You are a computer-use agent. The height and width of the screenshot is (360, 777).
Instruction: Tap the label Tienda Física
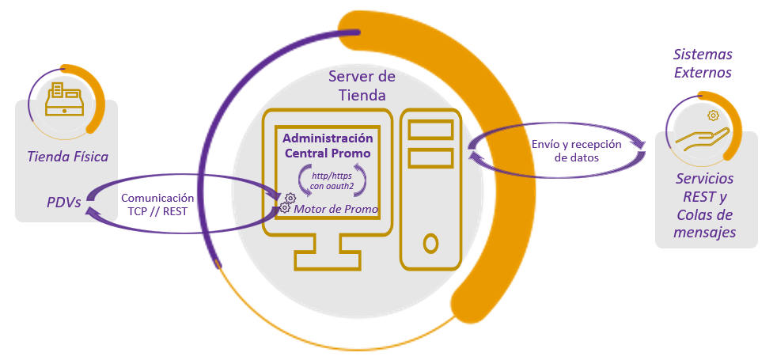(x=67, y=157)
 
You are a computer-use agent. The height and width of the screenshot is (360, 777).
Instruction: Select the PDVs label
(x=64, y=202)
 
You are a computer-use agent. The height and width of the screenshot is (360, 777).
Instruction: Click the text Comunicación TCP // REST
(x=157, y=205)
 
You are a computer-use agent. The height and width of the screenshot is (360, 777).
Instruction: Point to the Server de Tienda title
(x=362, y=86)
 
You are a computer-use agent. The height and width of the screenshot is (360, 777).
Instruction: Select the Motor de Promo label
(x=335, y=208)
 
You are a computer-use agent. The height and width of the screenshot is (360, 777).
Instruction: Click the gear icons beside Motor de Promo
(x=286, y=203)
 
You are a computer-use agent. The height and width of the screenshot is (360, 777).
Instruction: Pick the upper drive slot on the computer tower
(x=430, y=129)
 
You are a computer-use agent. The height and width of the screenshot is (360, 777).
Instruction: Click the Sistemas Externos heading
(x=702, y=64)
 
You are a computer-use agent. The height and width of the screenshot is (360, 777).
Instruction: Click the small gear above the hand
(x=713, y=116)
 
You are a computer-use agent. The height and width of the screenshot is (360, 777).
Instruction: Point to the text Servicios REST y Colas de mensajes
(x=705, y=205)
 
